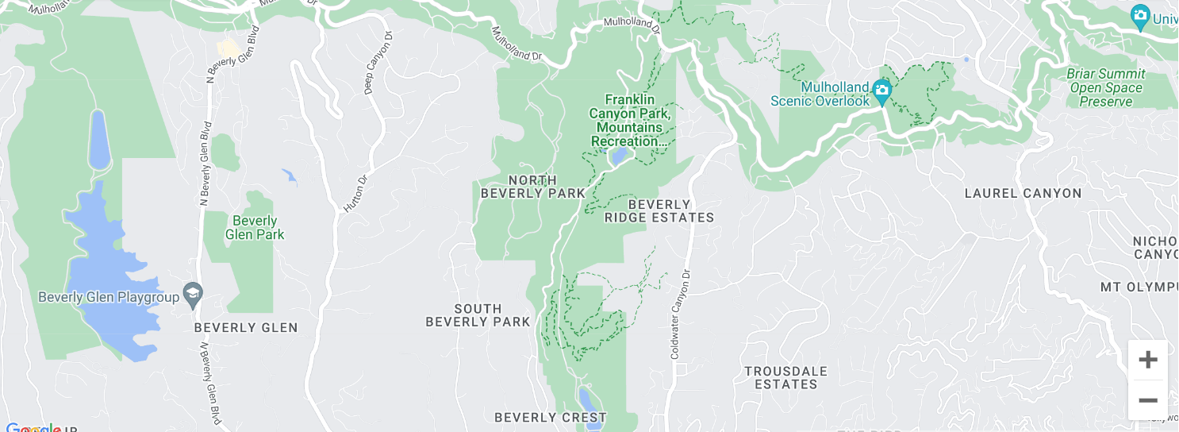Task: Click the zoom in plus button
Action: (1147, 361)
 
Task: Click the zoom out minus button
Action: (1147, 400)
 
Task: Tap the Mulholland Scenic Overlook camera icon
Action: (881, 92)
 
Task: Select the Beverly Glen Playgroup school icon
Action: (192, 296)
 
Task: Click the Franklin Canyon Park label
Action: (630, 120)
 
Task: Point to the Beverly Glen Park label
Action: (255, 228)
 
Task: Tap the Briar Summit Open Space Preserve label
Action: (1105, 87)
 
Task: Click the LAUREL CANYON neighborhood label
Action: (1023, 193)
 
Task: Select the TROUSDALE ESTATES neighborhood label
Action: (785, 378)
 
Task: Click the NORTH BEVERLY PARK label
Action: (533, 187)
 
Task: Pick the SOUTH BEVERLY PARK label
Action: (478, 315)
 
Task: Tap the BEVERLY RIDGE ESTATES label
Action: (659, 211)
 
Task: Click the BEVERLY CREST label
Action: (550, 418)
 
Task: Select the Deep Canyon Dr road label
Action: (378, 63)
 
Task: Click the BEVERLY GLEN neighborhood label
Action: (246, 327)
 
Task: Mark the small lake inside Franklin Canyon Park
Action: (617, 156)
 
